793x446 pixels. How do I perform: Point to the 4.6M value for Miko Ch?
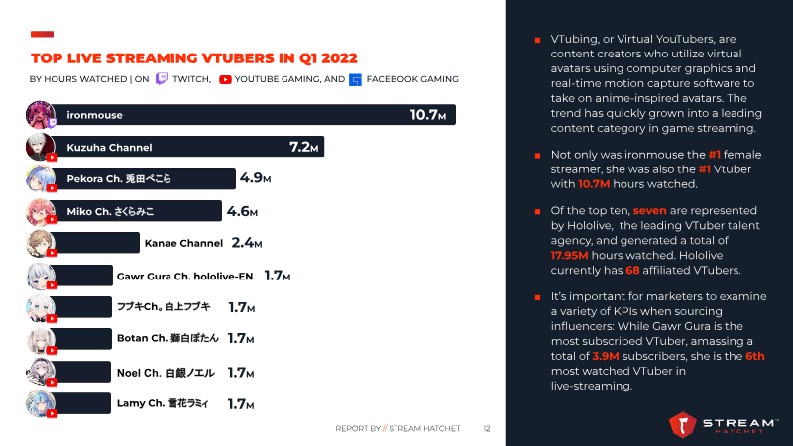(242, 211)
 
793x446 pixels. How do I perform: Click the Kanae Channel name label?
(183, 242)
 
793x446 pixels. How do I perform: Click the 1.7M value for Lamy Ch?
(241, 403)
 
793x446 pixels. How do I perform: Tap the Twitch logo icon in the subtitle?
(162, 78)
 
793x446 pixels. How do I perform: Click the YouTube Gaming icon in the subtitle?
(225, 79)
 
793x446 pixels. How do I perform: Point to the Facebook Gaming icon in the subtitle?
(356, 79)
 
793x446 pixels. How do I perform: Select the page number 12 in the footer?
(487, 429)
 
